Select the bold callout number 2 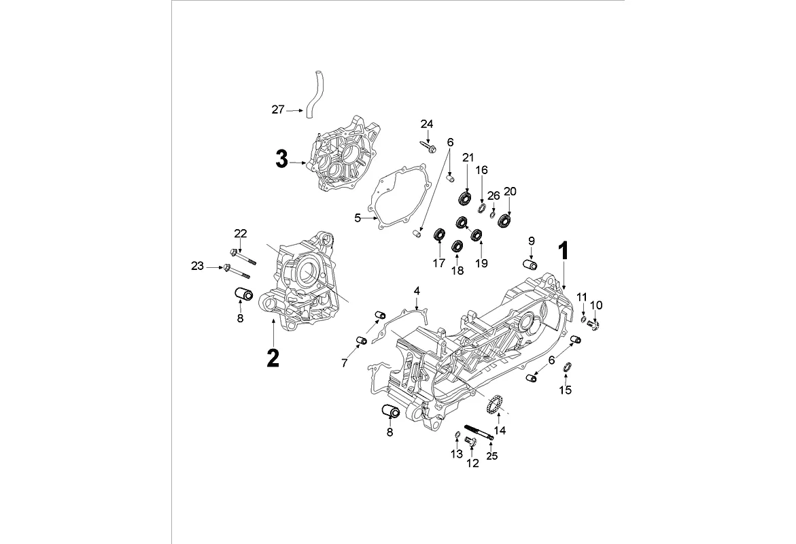[x=272, y=358]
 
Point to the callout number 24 [x=426, y=124]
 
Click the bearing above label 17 [x=439, y=236]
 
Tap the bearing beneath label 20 [x=505, y=219]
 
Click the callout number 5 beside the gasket [x=358, y=218]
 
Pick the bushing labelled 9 [x=530, y=264]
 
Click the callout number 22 [x=241, y=234]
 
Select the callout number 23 [x=197, y=267]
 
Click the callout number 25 [x=491, y=456]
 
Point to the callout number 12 [x=472, y=463]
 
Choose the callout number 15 [x=566, y=390]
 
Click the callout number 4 [x=417, y=291]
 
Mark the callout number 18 [x=457, y=270]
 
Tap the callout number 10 [x=595, y=304]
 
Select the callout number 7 [x=345, y=363]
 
